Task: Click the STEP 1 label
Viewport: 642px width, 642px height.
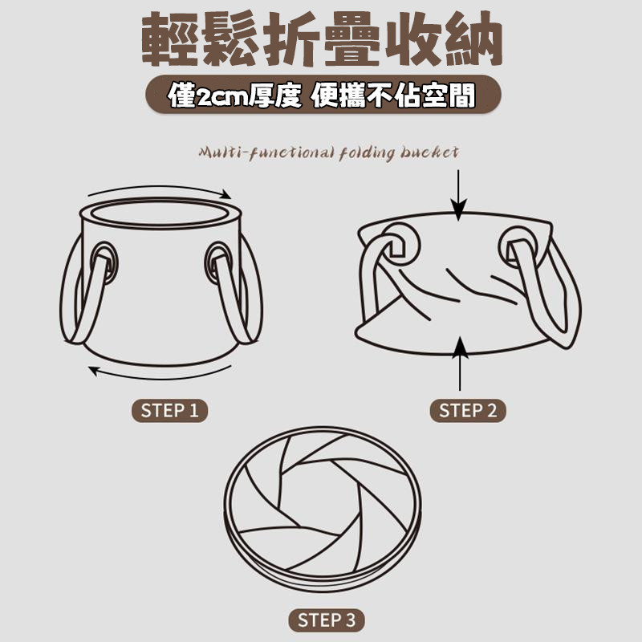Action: click(169, 410)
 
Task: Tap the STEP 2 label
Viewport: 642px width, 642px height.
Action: click(468, 410)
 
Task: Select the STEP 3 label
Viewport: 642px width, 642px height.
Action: click(327, 620)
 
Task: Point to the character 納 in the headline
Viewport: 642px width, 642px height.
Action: click(473, 39)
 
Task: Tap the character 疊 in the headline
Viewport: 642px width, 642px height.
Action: click(352, 39)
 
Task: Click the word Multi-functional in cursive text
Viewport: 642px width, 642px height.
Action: click(266, 153)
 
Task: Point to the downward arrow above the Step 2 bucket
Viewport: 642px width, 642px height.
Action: click(458, 195)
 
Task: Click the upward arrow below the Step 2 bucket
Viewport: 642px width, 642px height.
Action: click(460, 364)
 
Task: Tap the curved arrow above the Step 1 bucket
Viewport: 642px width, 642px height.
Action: click(160, 189)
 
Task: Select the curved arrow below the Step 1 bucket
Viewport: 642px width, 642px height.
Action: click(160, 375)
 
